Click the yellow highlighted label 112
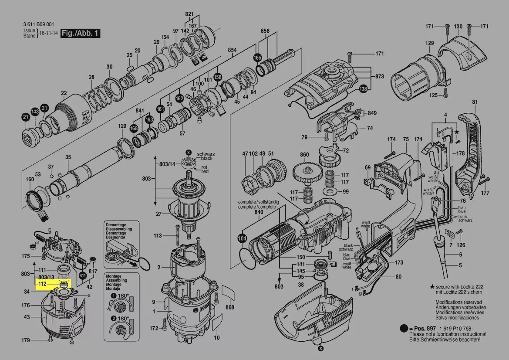pos(42,284)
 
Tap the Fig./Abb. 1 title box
pos(81,33)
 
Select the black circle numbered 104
pos(242,238)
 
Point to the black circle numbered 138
pos(363,89)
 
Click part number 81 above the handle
pos(475,102)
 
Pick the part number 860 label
pos(304,155)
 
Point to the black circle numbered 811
pos(83,275)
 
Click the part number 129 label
pos(430,43)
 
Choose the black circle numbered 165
pos(257,57)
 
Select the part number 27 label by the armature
pos(159,214)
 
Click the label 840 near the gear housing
pos(259,212)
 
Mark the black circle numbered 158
pos(218,77)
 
